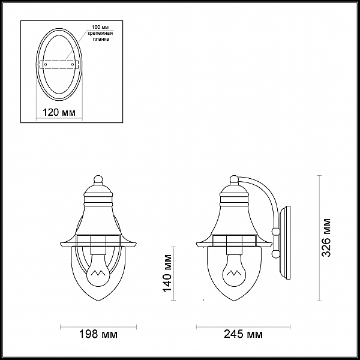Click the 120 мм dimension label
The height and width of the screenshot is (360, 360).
click(59, 113)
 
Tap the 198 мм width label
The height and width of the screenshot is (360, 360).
click(98, 334)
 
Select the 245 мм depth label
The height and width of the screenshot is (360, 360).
click(243, 334)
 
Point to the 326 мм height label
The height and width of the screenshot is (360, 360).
click(326, 238)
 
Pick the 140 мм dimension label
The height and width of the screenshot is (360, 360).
click(167, 273)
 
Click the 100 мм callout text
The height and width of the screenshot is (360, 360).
click(100, 28)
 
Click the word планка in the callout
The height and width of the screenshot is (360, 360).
click(101, 39)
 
